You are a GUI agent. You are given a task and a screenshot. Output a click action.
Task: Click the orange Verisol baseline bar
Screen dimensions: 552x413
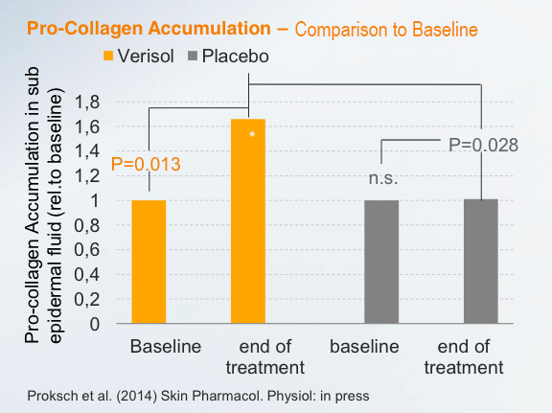click(149, 262)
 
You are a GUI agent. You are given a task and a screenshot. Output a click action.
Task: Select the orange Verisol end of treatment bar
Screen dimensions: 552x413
click(248, 221)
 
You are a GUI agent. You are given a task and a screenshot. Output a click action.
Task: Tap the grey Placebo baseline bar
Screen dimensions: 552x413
click(381, 262)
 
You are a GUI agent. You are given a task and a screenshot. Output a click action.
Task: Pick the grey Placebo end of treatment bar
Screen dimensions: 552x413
click(481, 262)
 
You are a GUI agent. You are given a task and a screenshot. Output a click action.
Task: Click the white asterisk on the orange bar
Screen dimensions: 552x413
click(252, 135)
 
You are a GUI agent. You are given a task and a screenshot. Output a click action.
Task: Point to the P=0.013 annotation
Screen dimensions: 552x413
click(146, 165)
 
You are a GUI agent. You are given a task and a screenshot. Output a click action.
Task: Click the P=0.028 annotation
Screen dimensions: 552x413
click(483, 145)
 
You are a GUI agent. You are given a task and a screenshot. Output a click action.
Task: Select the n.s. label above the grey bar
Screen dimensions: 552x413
click(383, 179)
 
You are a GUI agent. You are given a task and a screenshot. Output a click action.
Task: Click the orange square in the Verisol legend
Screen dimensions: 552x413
click(108, 56)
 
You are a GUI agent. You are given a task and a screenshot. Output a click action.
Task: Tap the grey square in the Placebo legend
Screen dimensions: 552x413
click(193, 56)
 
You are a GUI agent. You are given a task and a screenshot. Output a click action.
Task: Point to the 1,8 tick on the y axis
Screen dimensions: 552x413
click(87, 103)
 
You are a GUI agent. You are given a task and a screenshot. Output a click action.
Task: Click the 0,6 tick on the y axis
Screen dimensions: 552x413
click(87, 250)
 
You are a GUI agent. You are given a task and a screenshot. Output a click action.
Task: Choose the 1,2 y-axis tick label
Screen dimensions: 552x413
click(87, 176)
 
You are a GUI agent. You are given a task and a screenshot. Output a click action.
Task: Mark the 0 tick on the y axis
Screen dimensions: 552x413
click(94, 324)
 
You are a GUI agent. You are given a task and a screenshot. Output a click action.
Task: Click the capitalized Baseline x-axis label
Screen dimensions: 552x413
click(166, 347)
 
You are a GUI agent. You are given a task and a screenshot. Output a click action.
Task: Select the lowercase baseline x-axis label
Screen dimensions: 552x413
click(364, 347)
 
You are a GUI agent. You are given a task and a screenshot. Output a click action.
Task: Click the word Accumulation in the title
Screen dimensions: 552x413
click(210, 28)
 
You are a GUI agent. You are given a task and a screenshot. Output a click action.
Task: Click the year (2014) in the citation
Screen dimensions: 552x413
click(137, 396)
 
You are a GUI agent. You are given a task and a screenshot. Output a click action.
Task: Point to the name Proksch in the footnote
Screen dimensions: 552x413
click(53, 396)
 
